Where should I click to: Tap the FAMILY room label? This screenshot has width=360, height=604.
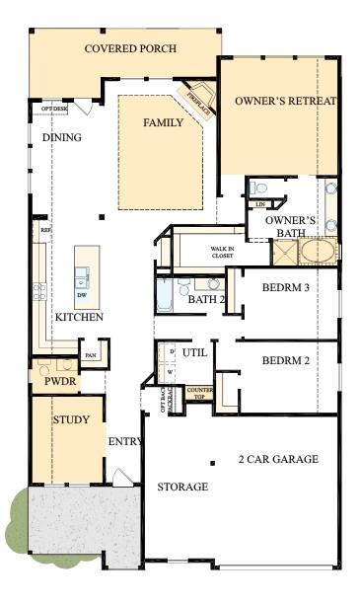pyautogui.click(x=163, y=122)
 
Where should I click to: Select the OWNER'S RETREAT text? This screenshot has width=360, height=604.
pyautogui.click(x=285, y=101)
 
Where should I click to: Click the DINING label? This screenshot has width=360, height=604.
pyautogui.click(x=62, y=137)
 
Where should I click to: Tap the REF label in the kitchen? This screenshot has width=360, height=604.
pyautogui.click(x=45, y=230)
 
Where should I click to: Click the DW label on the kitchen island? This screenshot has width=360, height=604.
pyautogui.click(x=83, y=295)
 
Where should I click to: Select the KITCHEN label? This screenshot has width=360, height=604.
pyautogui.click(x=79, y=317)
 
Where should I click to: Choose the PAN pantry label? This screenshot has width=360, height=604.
pyautogui.click(x=91, y=355)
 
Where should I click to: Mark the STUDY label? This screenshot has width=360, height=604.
pyautogui.click(x=71, y=419)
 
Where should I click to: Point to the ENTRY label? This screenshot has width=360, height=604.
pyautogui.click(x=125, y=441)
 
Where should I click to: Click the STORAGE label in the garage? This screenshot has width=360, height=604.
pyautogui.click(x=182, y=487)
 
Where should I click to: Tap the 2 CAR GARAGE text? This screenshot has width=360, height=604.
pyautogui.click(x=278, y=459)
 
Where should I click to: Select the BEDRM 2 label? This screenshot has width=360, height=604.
pyautogui.click(x=286, y=360)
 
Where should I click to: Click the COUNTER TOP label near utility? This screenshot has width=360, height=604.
pyautogui.click(x=200, y=393)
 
